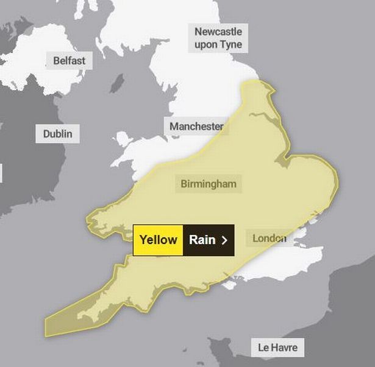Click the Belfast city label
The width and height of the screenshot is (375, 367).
pyautogui.click(x=69, y=61)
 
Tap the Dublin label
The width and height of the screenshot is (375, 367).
pyautogui.click(x=57, y=133)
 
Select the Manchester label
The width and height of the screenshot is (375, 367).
pyautogui.click(x=196, y=127)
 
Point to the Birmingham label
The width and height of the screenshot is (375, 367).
pyautogui.click(x=208, y=183)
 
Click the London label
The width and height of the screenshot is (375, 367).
pyautogui.click(x=269, y=237)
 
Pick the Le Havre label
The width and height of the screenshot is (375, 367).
pyautogui.click(x=277, y=348)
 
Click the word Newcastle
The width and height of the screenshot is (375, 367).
pyautogui.click(x=218, y=32)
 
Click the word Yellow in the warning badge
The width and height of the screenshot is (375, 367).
pyautogui.click(x=158, y=240)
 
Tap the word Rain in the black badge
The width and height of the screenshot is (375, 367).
pyautogui.click(x=202, y=240)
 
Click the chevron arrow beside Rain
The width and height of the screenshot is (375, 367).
pyautogui.click(x=224, y=240)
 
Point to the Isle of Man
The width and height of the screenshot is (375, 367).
pyautogui.click(x=116, y=83)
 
